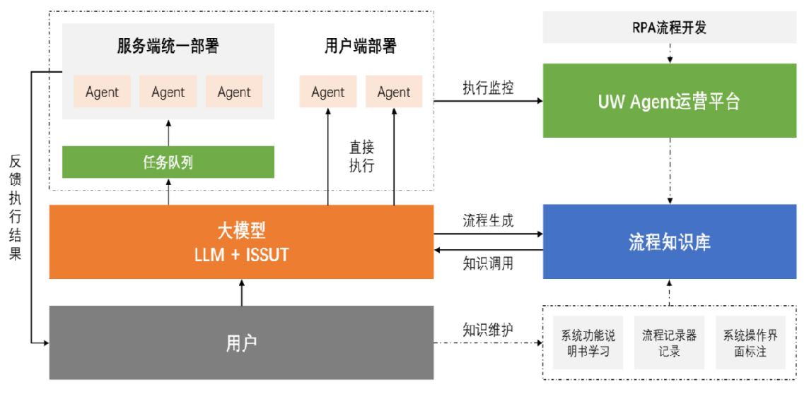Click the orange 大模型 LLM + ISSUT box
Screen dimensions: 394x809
coord(241,241)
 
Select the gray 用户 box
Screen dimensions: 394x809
coord(241,343)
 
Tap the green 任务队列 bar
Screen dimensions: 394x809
coord(168,162)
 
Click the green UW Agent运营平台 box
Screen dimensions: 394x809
coord(669,101)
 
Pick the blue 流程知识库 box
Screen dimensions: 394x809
coord(669,242)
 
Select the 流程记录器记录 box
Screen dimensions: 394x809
coord(669,342)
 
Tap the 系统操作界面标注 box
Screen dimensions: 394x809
coord(750,342)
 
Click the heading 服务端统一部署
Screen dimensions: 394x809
coord(168,47)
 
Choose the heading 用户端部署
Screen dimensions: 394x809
coord(361,47)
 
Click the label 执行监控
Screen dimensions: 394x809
coord(488,88)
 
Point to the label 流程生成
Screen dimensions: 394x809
coord(488,220)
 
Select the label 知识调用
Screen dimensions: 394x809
coord(488,263)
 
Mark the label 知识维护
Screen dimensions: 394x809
coord(488,329)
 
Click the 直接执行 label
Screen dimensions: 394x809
coord(361,156)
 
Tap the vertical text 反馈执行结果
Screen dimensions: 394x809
coord(16,208)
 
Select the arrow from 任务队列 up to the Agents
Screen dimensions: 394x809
coord(168,132)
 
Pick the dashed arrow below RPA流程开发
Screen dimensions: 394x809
coord(669,53)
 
